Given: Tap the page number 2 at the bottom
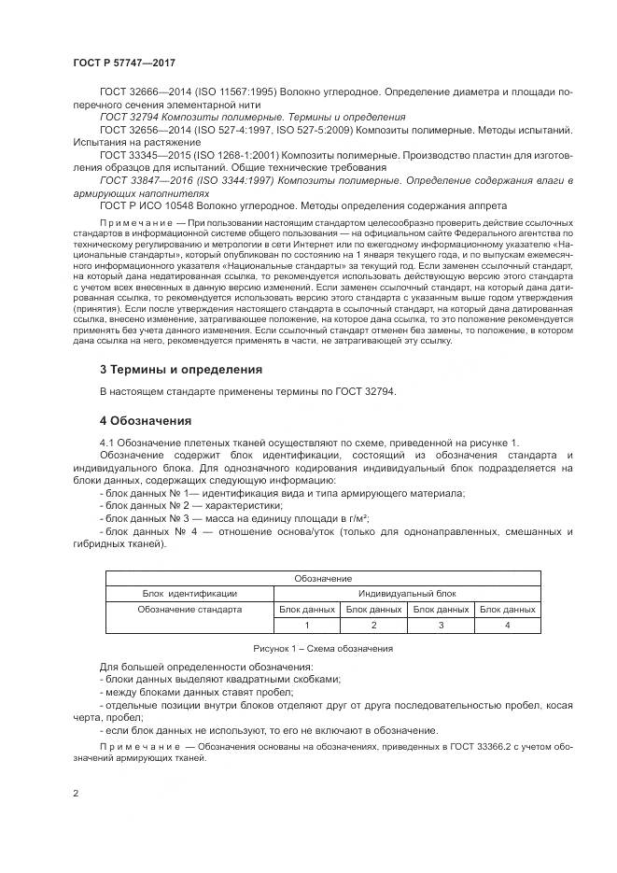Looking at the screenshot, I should click(x=76, y=793).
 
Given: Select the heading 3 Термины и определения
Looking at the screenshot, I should click(x=180, y=369).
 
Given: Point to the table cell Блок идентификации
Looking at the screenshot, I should click(x=189, y=593).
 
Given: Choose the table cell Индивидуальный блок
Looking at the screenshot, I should click(x=407, y=593).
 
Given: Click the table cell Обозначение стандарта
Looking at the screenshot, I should click(x=189, y=609).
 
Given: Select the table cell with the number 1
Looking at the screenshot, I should click(x=306, y=625).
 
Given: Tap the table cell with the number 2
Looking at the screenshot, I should click(x=373, y=625).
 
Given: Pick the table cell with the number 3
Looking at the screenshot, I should click(x=441, y=625).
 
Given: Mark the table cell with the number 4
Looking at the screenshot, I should click(x=507, y=625).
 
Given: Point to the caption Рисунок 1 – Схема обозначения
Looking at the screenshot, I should click(x=322, y=648).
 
